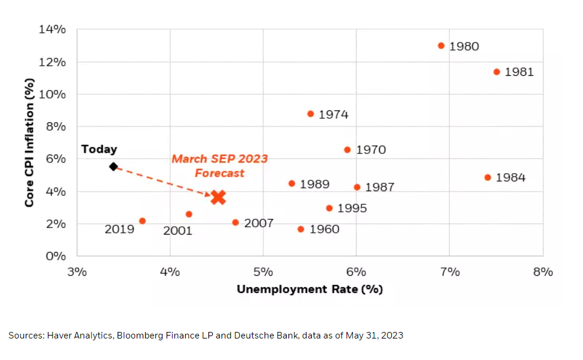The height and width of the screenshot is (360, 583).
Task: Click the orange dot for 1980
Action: (441, 45)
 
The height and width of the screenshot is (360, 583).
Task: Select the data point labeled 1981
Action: (496, 72)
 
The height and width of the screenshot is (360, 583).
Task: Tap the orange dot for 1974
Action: (311, 113)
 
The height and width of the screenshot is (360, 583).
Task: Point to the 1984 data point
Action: (487, 177)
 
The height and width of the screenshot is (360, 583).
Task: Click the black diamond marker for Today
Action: (113, 166)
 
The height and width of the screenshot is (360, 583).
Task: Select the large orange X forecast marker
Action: (218, 197)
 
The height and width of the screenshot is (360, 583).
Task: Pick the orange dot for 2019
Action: (142, 221)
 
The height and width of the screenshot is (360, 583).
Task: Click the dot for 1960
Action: (300, 229)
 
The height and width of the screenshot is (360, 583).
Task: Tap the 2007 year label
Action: (259, 223)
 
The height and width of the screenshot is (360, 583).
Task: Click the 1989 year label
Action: (314, 184)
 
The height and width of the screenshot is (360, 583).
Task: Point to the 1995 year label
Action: (352, 208)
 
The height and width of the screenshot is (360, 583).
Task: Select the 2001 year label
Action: (178, 230)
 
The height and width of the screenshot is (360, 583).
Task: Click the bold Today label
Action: (99, 149)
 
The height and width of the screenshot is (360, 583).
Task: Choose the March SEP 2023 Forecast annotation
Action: (219, 166)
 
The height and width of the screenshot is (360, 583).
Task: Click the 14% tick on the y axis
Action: (53, 30)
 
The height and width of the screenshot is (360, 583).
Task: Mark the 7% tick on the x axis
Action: (450, 272)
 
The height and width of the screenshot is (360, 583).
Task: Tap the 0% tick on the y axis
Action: (56, 256)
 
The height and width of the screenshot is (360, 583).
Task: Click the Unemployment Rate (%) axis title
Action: (309, 290)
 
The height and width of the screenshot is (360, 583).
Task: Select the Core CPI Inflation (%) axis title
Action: (29, 143)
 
